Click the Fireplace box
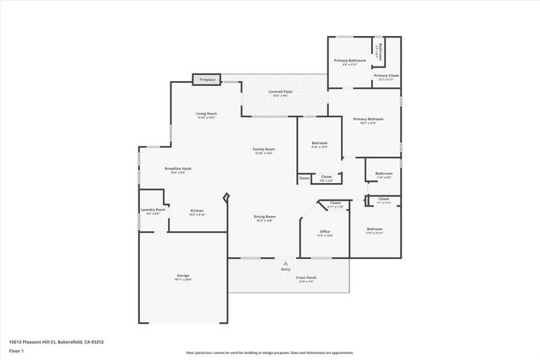(x=206, y=79)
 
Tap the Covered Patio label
(x=280, y=91)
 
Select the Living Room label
(x=207, y=114)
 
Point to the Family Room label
(x=263, y=149)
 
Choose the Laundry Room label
(x=153, y=210)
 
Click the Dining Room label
(x=265, y=217)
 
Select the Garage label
(x=182, y=276)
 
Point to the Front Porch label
(x=305, y=277)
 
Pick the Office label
(x=324, y=231)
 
